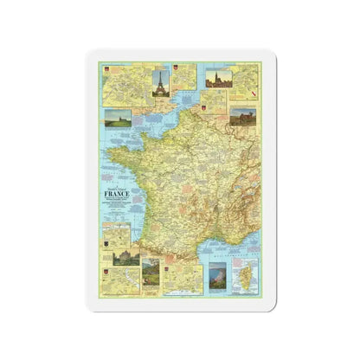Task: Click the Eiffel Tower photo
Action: (x=159, y=81)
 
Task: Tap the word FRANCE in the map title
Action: (x=117, y=195)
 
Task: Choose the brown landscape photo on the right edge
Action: (x=243, y=117)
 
